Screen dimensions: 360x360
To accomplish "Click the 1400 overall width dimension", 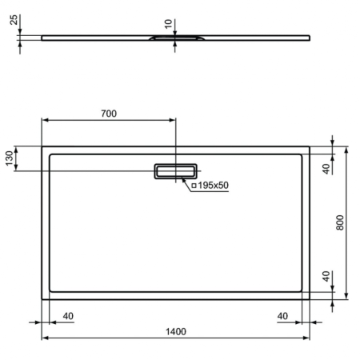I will (175, 331).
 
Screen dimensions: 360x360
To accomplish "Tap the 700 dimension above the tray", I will (108, 114).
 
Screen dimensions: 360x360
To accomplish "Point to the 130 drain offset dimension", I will (10, 158).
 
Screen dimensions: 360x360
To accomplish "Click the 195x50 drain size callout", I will (214, 186).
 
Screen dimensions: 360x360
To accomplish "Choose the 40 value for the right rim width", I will (282, 316).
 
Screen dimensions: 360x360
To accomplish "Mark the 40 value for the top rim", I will (326, 169).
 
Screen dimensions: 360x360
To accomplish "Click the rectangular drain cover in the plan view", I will (175, 171).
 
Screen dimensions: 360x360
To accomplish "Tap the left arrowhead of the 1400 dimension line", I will (44, 338).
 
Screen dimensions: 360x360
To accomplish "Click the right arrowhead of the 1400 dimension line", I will (307, 338).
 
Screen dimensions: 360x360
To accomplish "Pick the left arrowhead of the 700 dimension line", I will (44, 121).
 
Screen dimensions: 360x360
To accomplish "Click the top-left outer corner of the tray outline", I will (42, 146).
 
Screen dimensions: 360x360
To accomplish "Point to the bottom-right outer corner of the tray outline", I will (310, 298).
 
